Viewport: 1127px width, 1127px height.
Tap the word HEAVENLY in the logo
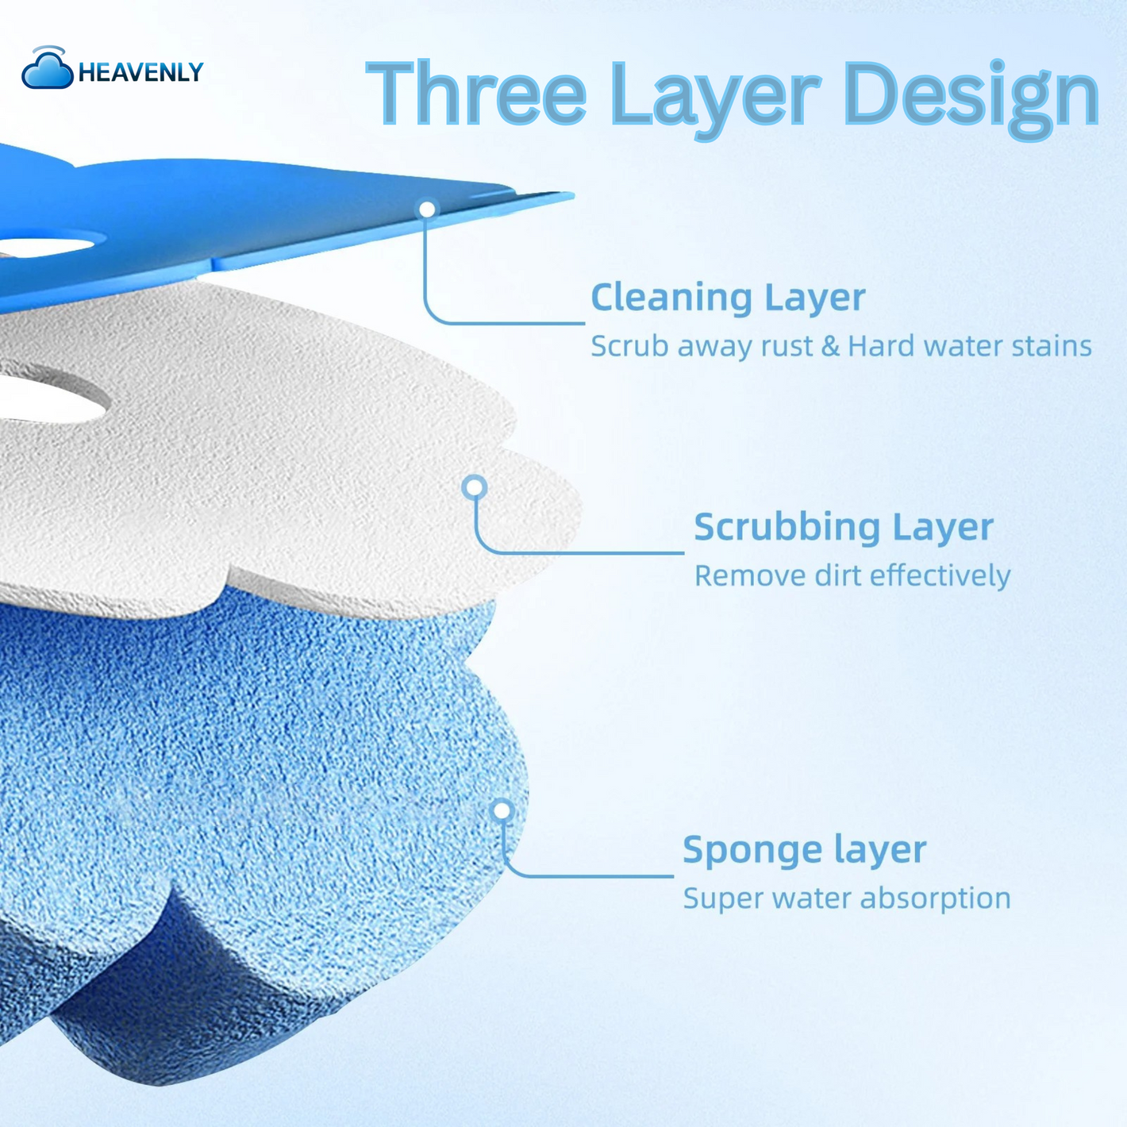[140, 72]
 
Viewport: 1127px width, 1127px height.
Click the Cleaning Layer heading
[728, 298]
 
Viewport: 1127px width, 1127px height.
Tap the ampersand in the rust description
[830, 346]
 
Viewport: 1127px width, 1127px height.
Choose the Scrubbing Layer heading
[844, 528]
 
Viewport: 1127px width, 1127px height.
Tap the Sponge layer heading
[804, 850]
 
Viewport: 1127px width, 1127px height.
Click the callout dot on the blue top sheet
[428, 209]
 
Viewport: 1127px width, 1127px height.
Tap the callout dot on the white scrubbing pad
[475, 487]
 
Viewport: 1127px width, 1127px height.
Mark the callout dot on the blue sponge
[502, 810]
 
